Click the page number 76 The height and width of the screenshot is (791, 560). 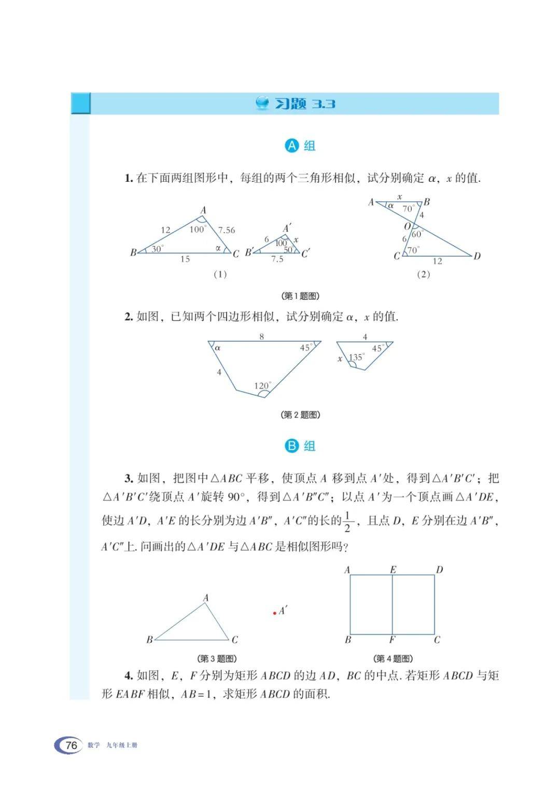tap(72, 745)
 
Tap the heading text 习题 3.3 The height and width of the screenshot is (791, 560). tap(304, 104)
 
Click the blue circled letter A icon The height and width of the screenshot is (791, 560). tap(292, 146)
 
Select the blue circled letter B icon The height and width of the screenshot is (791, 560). tap(292, 446)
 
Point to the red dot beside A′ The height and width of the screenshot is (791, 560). tap(274, 613)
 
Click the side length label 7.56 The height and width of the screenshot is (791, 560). tap(227, 230)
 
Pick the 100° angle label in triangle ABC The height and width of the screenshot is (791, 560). tap(197, 229)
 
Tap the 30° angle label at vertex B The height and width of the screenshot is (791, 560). tap(157, 249)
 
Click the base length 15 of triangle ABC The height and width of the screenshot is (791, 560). tap(185, 259)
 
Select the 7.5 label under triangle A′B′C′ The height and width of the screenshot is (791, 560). tap(277, 259)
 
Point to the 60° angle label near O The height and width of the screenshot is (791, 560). tap(417, 234)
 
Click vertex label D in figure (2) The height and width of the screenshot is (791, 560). tap(477, 256)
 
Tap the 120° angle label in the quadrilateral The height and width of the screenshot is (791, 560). tap(262, 385)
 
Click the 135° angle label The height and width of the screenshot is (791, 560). tap(356, 357)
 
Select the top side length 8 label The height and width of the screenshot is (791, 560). tap(262, 337)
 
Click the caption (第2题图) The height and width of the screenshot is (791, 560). tap(300, 414)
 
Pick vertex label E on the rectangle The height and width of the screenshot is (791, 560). tap(393, 570)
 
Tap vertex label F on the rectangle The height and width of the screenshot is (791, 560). tap(392, 640)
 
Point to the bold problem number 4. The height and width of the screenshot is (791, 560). tap(129, 675)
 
